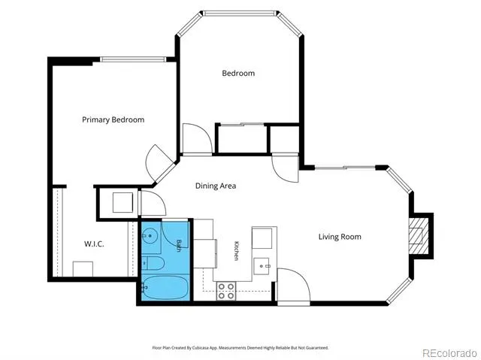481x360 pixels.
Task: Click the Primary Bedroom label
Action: click(x=113, y=119)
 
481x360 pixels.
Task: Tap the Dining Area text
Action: click(x=216, y=186)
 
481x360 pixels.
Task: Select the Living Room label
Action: click(x=340, y=237)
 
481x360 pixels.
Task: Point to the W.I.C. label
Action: click(x=94, y=244)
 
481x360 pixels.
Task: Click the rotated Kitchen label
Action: click(x=236, y=251)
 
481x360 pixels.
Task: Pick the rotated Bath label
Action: click(x=178, y=245)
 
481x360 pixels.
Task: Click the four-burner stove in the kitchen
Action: click(x=226, y=291)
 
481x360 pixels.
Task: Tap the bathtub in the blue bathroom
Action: click(x=165, y=287)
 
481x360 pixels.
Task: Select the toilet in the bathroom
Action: click(x=153, y=263)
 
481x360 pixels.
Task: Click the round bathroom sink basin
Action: click(x=150, y=236)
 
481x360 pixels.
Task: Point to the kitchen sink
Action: click(x=262, y=266)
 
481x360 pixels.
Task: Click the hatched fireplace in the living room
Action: click(x=419, y=236)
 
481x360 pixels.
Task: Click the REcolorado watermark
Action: click(x=449, y=353)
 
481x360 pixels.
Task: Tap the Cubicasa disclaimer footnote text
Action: click(x=240, y=348)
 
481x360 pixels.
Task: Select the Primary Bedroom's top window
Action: click(x=133, y=59)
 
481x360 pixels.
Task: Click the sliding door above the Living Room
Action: click(x=345, y=168)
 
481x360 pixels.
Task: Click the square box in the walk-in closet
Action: click(x=83, y=269)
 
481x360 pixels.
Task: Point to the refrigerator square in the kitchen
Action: click(x=262, y=238)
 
